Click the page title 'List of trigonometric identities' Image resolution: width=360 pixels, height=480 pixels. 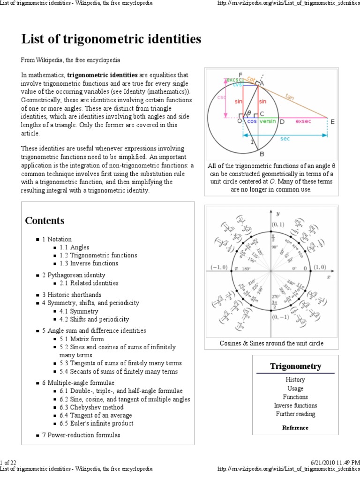pos(111,39)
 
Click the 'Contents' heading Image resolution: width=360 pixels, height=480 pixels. pos(45,220)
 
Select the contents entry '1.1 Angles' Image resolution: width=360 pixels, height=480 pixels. pos(74,247)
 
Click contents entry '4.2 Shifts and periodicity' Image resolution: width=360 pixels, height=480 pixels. pos(94,319)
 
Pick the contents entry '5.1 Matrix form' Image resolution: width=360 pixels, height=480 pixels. pos(82,339)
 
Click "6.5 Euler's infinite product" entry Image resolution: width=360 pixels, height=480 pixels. pos(96,423)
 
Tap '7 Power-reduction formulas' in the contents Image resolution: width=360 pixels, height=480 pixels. pos(81,435)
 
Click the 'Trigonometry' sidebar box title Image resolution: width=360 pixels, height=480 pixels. pos(295,366)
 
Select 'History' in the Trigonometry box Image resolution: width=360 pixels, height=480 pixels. pos(295,380)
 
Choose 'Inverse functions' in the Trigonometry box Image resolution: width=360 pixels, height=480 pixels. pos(295,405)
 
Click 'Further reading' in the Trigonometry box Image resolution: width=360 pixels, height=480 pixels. pos(295,414)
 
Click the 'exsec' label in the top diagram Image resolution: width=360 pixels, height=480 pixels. pos(303,121)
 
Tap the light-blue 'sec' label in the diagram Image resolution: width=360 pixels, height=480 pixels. pos(285,140)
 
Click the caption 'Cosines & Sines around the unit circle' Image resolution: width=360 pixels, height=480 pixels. pos(271,344)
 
